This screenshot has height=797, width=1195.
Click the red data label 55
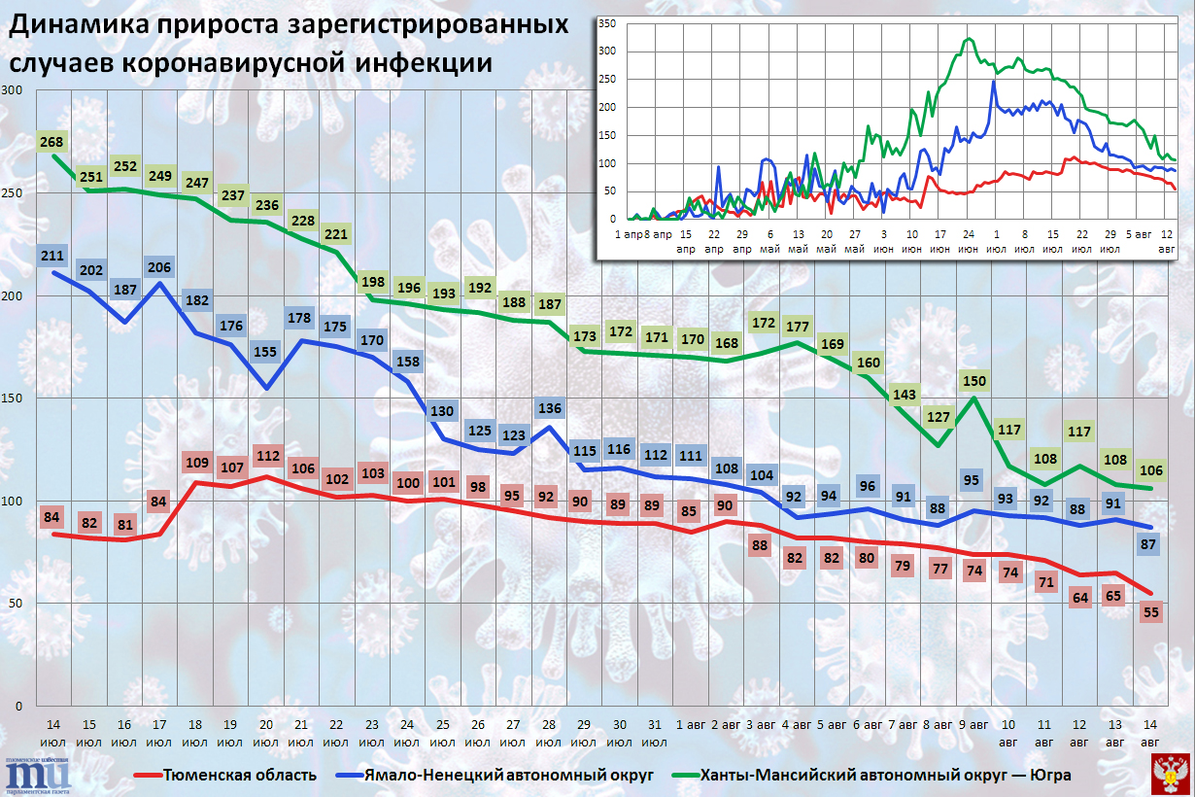pyautogui.click(x=1151, y=612)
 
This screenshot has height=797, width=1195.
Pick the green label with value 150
pyautogui.click(x=973, y=380)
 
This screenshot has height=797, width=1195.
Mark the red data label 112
pyautogui.click(x=266, y=455)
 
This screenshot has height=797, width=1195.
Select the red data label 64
pyautogui.click(x=1080, y=598)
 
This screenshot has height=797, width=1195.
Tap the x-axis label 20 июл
pyautogui.click(x=266, y=733)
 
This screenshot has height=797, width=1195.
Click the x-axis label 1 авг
pyautogui.click(x=692, y=725)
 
